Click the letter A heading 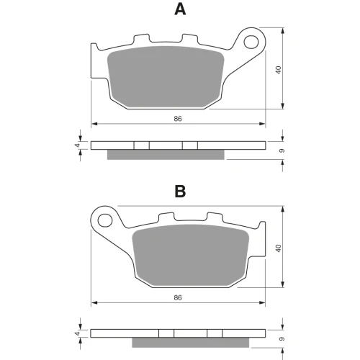click(x=180, y=9)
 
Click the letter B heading click(x=180, y=192)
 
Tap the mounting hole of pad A click(x=251, y=42)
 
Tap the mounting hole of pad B click(x=105, y=220)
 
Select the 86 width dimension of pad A click(x=178, y=119)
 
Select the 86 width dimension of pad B click(x=178, y=297)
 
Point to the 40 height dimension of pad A click(x=279, y=70)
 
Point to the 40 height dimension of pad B click(x=279, y=248)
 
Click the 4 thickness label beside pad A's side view click(x=77, y=145)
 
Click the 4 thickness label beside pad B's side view click(x=77, y=333)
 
